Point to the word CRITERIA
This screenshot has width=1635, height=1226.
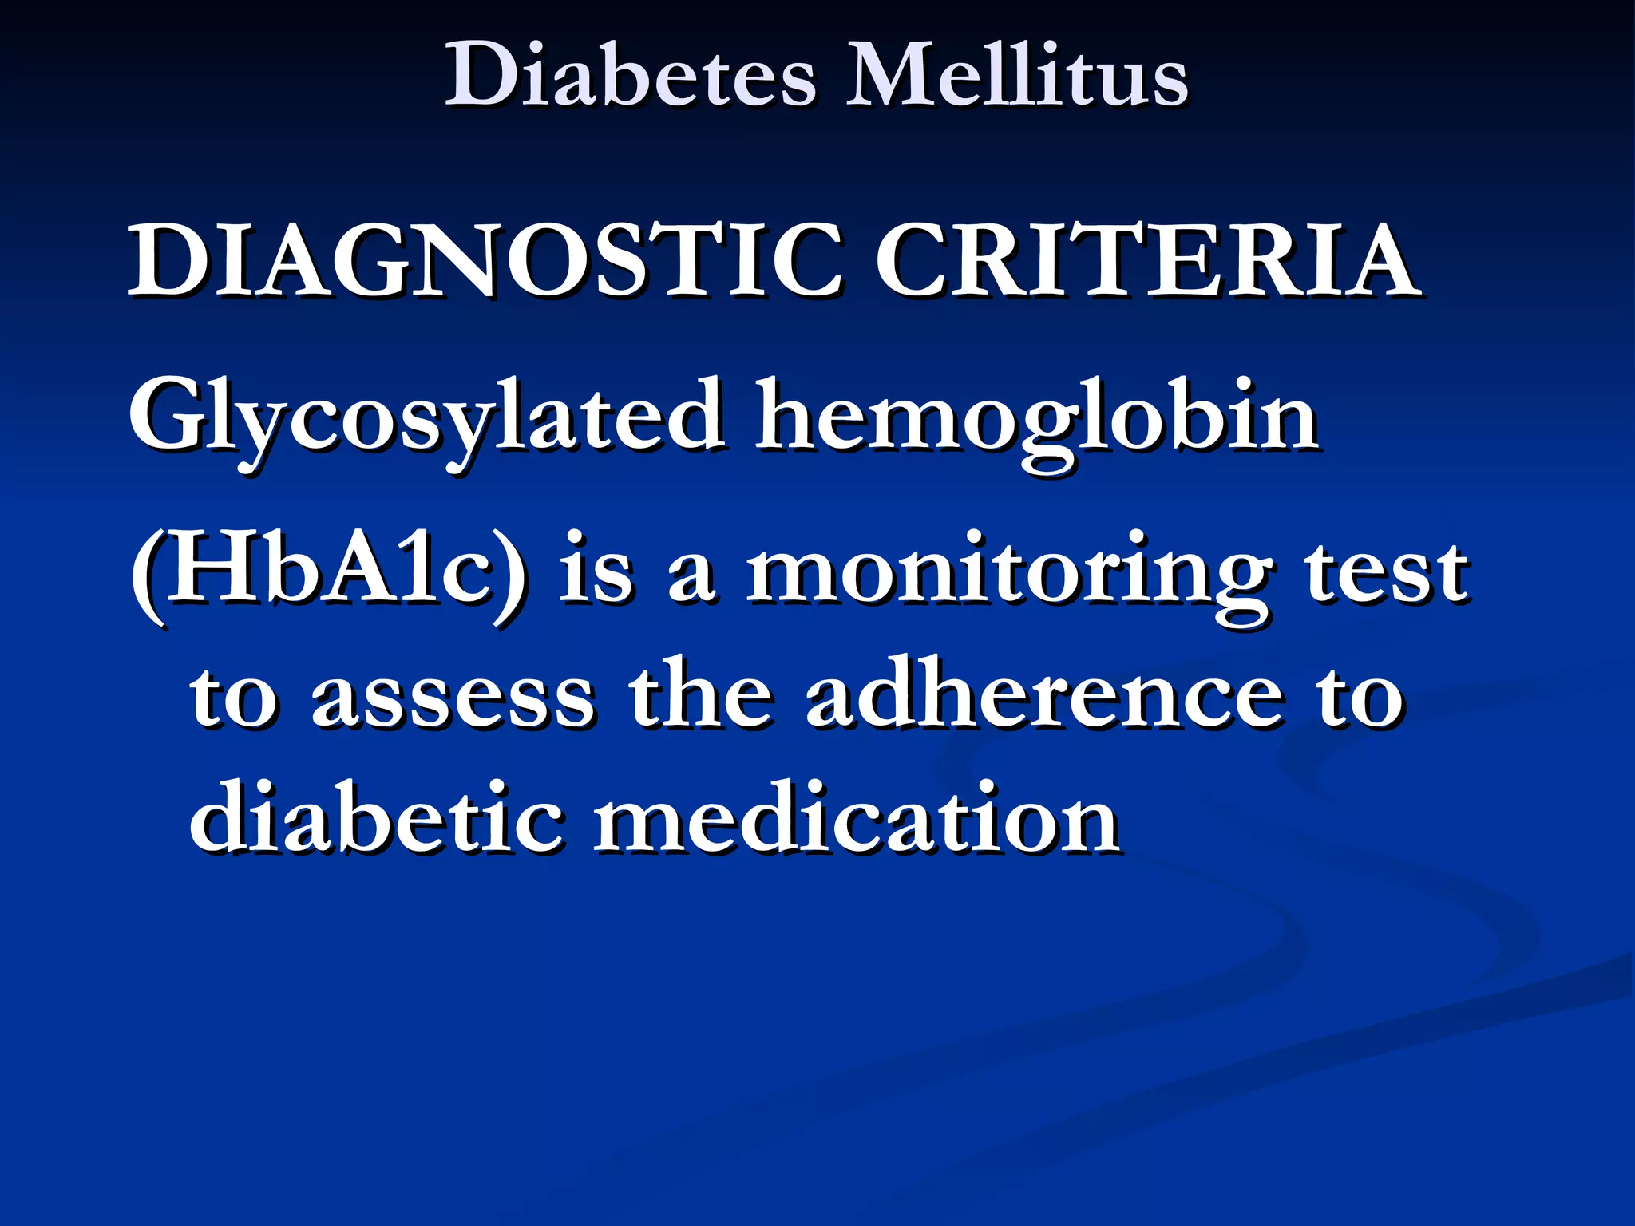[1146, 260]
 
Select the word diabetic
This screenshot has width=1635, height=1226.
[375, 818]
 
